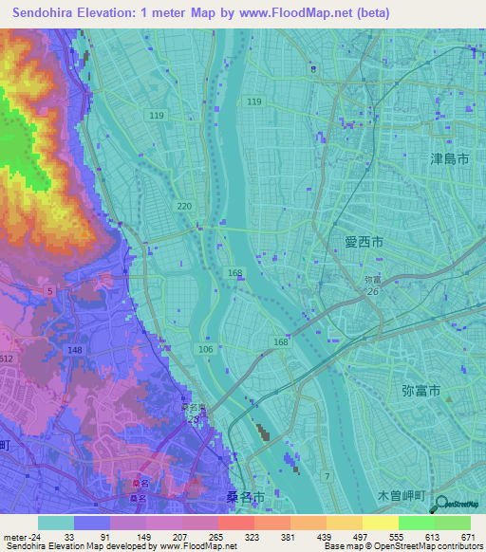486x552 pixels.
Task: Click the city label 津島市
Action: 449,159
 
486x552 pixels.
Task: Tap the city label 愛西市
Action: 364,243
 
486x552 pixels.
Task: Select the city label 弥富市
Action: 421,390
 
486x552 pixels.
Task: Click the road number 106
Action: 206,350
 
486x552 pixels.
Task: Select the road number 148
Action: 76,350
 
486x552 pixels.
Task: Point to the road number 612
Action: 7,358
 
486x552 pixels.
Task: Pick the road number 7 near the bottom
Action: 327,475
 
